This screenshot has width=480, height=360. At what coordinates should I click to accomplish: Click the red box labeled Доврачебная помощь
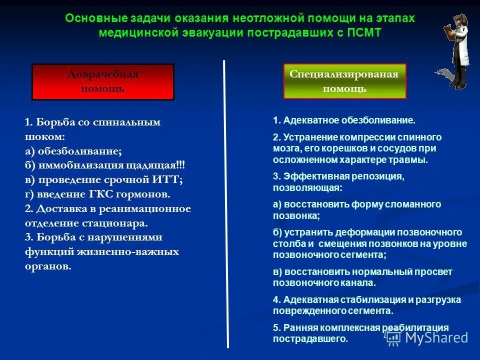[x=102, y=81]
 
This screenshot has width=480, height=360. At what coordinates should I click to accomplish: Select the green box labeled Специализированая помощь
[x=344, y=81]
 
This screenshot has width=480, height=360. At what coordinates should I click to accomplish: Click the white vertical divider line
[x=225, y=200]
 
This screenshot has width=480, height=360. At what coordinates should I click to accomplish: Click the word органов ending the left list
[x=48, y=266]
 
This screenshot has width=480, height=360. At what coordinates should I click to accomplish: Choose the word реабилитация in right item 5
[x=415, y=327]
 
